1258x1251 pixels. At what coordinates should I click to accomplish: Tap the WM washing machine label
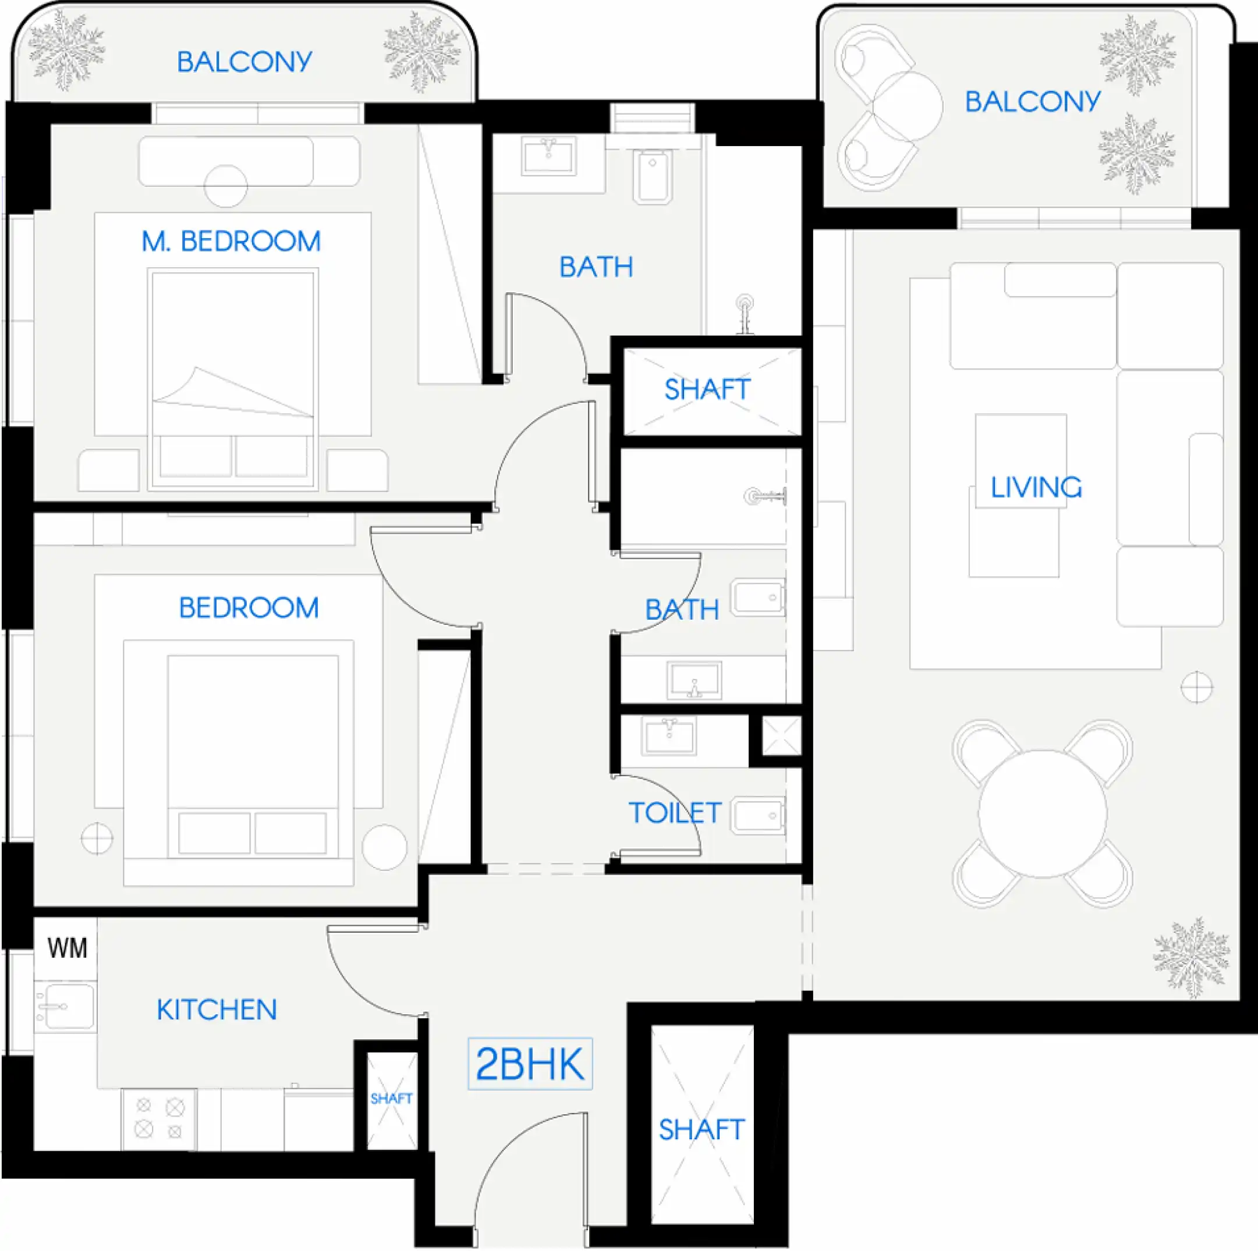pos(67,948)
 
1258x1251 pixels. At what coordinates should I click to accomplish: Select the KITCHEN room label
pos(217,1010)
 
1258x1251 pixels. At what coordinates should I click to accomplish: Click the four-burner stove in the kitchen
pos(159,1119)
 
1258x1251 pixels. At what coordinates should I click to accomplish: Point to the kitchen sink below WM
pos(65,1006)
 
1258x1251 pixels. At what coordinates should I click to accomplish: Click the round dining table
pos(1042,813)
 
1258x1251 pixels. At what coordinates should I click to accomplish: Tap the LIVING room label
pos(1036,488)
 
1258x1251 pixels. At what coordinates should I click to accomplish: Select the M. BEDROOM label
pos(231,241)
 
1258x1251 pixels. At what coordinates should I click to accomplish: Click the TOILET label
pos(675,812)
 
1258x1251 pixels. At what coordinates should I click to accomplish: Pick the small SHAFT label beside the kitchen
pos(391,1099)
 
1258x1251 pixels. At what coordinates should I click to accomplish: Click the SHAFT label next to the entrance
pos(701,1129)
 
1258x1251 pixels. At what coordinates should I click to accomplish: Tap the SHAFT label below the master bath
pos(707,389)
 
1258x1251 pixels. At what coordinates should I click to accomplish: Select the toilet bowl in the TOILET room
pos(758,815)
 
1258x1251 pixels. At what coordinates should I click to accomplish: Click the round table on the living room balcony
pos(907,106)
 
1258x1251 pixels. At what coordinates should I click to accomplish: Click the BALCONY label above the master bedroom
pos(244,62)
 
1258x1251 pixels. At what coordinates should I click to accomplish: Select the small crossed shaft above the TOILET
pos(781,735)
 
